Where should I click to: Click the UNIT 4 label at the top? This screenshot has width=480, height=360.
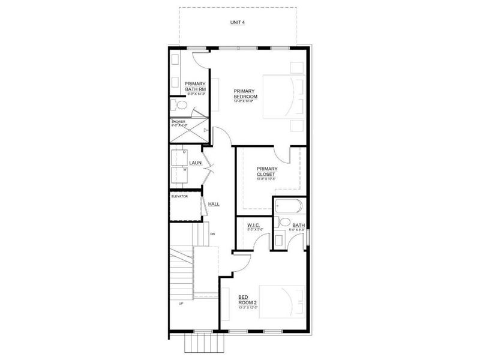238,22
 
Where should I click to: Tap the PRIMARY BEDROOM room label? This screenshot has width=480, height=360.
245,94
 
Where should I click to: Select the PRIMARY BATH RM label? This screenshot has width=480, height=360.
195,86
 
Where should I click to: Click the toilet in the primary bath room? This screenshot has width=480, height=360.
179,106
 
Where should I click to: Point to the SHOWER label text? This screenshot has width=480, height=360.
178,122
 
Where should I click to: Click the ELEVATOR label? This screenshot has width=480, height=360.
180,196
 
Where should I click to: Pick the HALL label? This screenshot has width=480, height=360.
214,204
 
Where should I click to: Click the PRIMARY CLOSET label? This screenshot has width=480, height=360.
266,172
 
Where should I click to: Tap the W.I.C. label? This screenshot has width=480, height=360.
253,226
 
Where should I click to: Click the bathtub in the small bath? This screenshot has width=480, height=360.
289,207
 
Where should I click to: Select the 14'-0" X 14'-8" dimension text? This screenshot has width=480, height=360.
245,101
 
